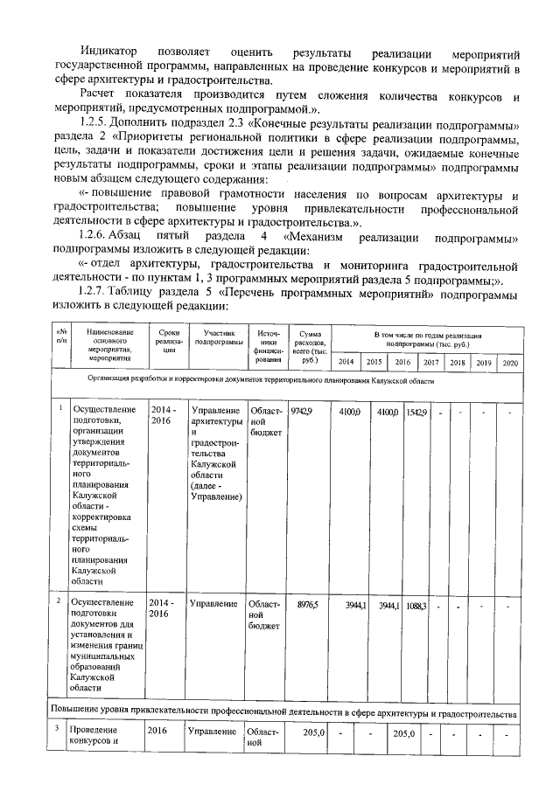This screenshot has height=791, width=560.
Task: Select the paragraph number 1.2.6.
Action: (94, 236)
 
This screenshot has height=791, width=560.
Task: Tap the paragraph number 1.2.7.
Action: (94, 291)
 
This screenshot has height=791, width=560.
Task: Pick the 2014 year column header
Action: (346, 362)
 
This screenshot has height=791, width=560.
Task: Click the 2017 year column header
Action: (431, 362)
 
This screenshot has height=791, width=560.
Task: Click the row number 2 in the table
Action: (59, 601)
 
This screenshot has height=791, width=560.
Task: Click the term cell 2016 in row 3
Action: (157, 732)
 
